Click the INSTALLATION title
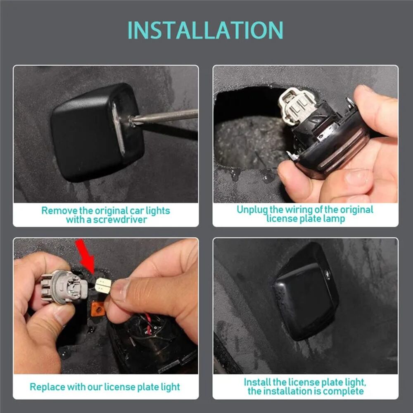tap(205, 30)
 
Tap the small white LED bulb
tap(103, 285)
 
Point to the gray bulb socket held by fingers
tap(63, 287)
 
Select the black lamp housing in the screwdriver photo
tap(97, 132)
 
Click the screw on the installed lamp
tap(328, 274)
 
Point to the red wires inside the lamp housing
tap(148, 324)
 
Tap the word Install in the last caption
tap(257, 382)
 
